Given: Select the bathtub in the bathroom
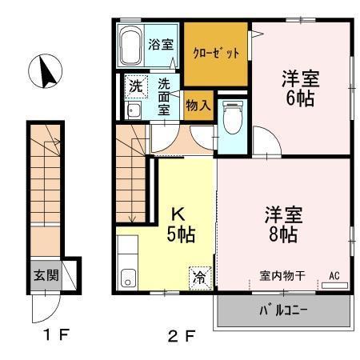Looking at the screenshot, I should click(x=130, y=48).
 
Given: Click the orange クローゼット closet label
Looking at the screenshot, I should click(x=216, y=55).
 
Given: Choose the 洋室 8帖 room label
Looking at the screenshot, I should click(x=282, y=225).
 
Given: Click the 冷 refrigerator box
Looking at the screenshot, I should click(x=198, y=278).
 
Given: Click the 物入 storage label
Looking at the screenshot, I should click(x=198, y=105).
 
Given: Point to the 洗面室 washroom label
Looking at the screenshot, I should click(x=163, y=97).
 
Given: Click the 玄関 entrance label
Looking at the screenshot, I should click(x=45, y=275).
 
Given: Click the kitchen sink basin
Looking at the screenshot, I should click(x=127, y=278).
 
